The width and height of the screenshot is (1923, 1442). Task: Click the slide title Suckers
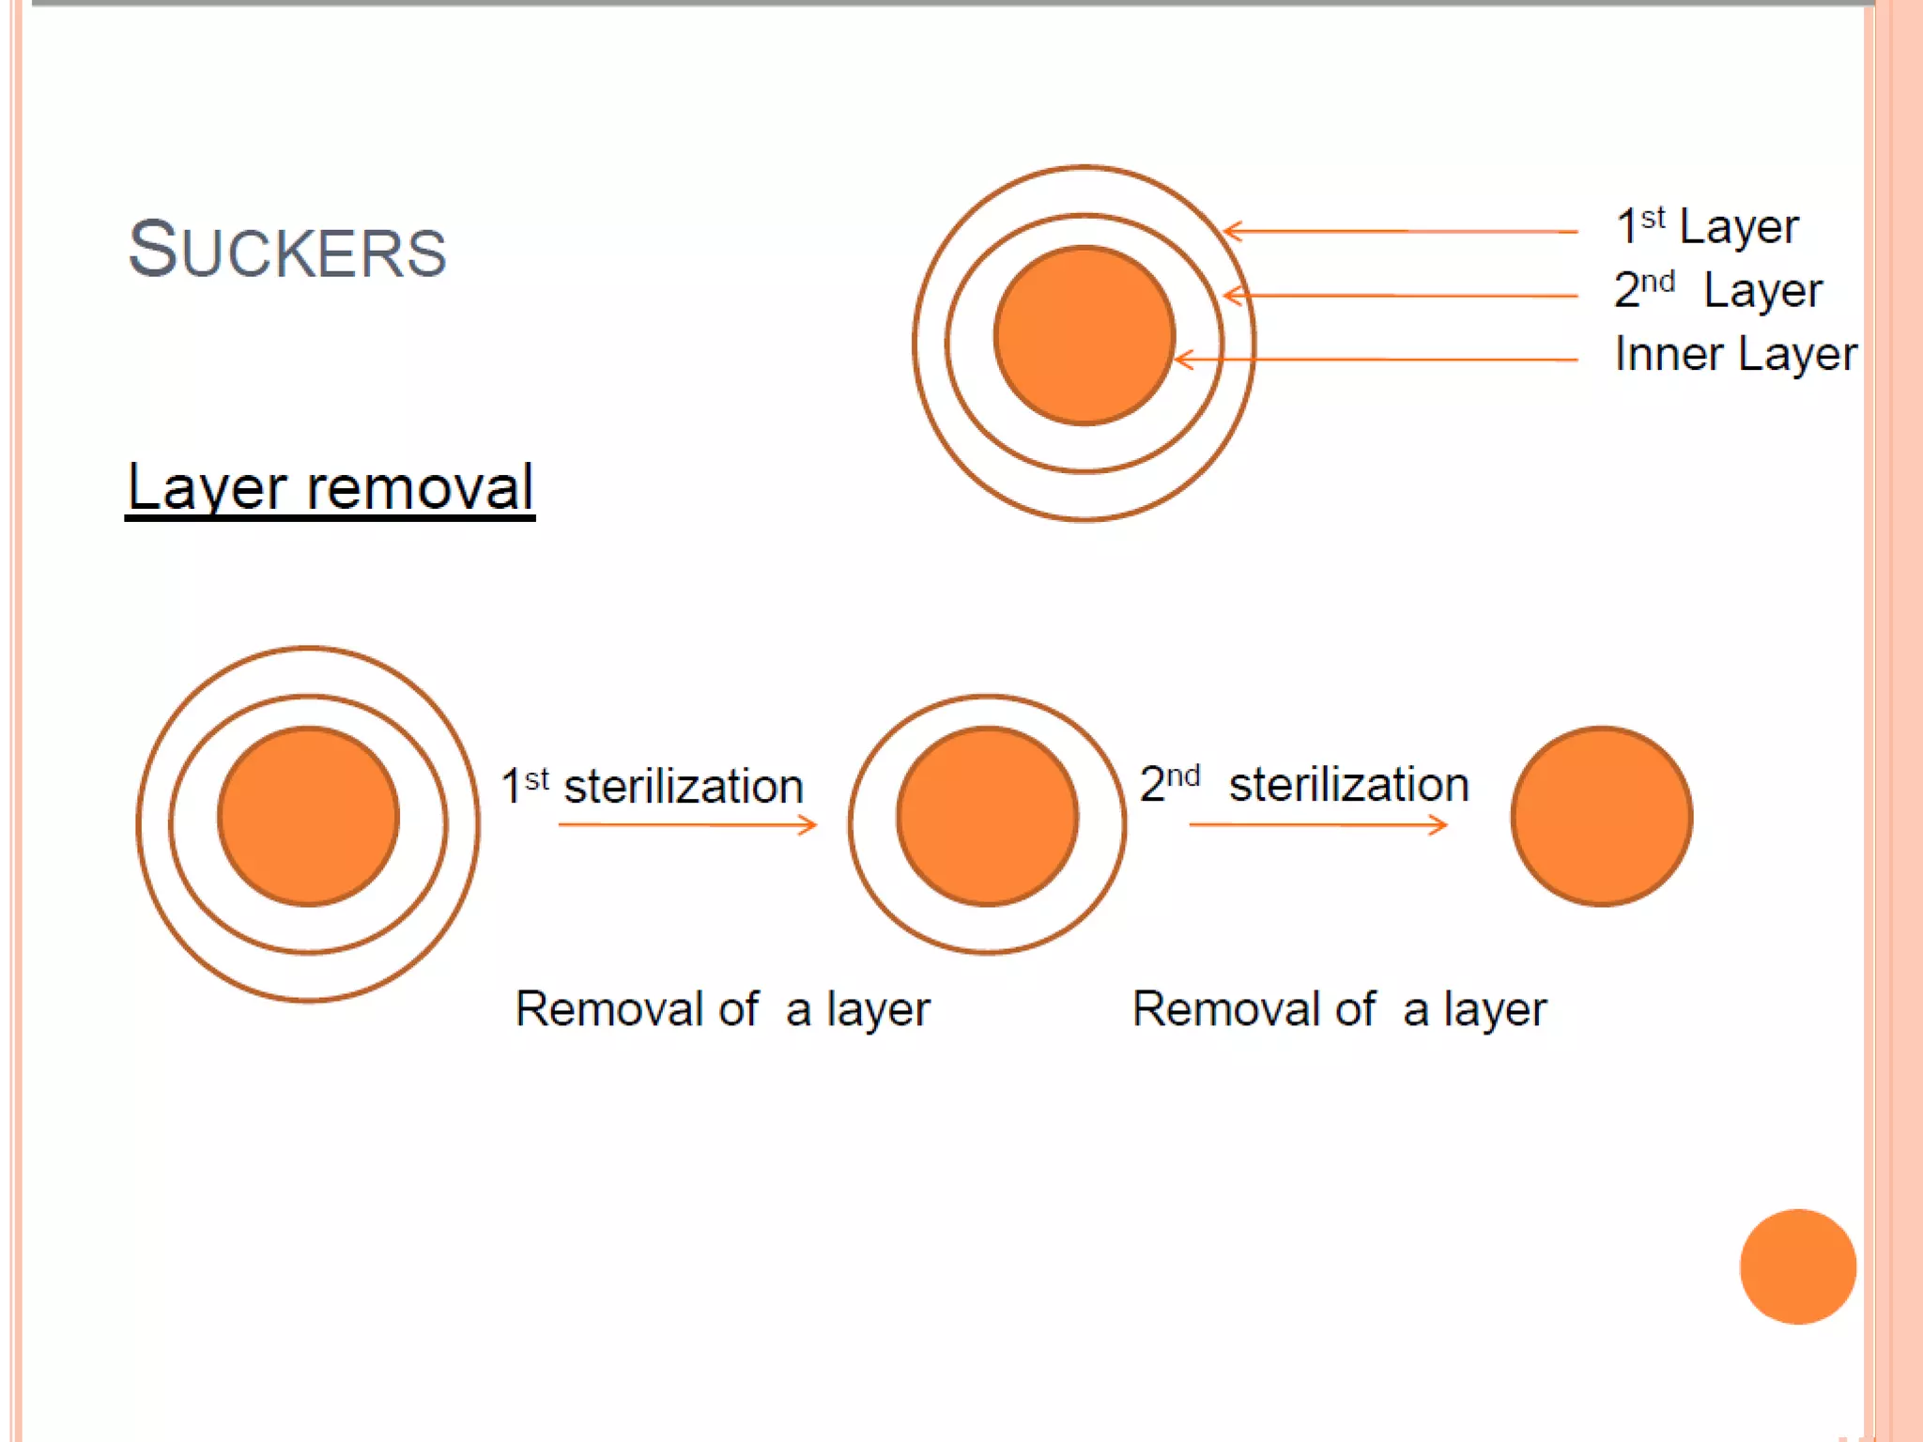click(x=286, y=250)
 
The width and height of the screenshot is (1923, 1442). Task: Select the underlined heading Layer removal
click(x=330, y=487)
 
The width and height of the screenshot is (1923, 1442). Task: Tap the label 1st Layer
click(x=1706, y=226)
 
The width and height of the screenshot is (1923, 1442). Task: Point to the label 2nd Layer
click(x=1717, y=290)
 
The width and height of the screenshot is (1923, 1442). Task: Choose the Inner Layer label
click(x=1735, y=354)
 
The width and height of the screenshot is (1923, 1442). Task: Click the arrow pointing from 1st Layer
click(x=1399, y=230)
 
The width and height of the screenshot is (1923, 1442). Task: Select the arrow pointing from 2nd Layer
click(x=1399, y=296)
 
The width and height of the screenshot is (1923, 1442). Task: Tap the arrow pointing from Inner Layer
click(x=1376, y=359)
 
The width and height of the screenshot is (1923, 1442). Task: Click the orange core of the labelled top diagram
click(x=1084, y=335)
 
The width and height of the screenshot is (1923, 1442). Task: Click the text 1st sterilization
click(x=653, y=786)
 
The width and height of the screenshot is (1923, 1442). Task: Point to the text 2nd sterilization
click(x=1304, y=784)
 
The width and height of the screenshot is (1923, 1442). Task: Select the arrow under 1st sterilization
click(x=687, y=825)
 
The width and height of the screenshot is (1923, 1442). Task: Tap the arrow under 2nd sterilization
click(x=1317, y=825)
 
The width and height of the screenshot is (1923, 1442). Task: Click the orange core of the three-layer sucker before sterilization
click(x=308, y=816)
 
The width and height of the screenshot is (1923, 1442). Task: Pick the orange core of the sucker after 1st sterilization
click(x=987, y=816)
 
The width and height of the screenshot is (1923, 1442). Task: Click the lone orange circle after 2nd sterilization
click(x=1601, y=816)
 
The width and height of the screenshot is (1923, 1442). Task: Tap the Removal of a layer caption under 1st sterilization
click(x=722, y=1009)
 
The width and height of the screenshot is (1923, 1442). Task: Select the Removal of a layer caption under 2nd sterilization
click(x=1339, y=1009)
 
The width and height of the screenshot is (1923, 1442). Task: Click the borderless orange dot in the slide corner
click(x=1797, y=1266)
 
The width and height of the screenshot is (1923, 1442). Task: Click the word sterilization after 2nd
click(x=1348, y=785)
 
